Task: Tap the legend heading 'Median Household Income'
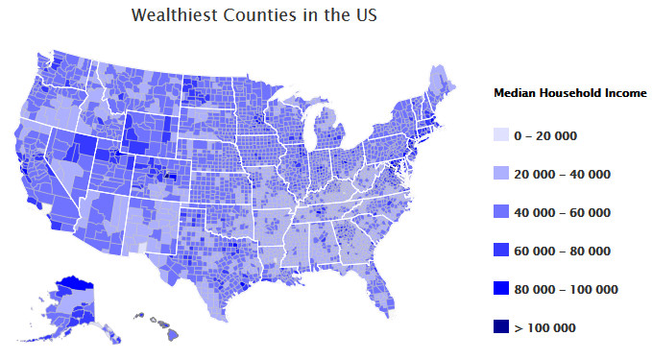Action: point(569,93)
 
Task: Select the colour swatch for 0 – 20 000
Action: point(500,135)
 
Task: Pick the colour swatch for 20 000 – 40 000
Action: point(500,174)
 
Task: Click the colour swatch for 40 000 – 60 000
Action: point(500,212)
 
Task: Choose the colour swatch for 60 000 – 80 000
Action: point(500,251)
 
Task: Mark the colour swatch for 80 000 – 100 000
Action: point(500,289)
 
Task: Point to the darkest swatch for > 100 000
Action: point(500,327)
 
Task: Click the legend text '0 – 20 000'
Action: point(545,135)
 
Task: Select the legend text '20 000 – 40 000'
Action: point(562,174)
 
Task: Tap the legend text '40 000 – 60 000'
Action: point(562,212)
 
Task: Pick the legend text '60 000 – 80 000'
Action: point(562,251)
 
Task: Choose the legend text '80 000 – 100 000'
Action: point(566,289)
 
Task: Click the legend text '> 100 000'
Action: point(544,327)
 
